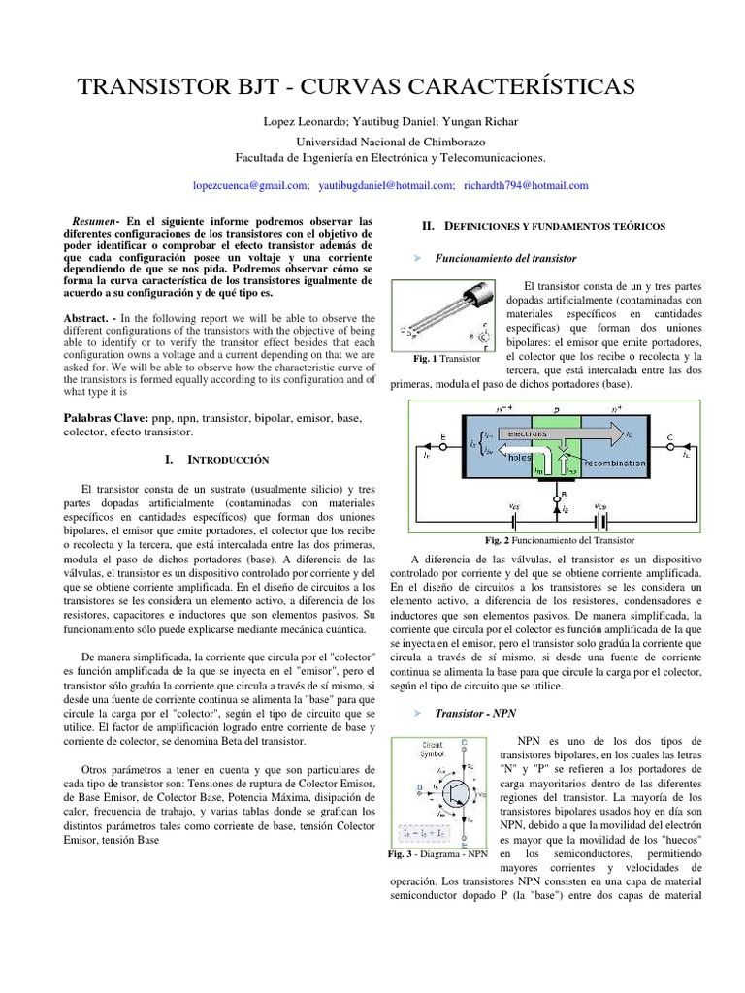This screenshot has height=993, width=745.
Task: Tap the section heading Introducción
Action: point(228,458)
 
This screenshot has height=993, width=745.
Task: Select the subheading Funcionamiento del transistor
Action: point(505,259)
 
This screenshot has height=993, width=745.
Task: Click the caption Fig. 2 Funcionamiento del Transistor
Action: point(559,540)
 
